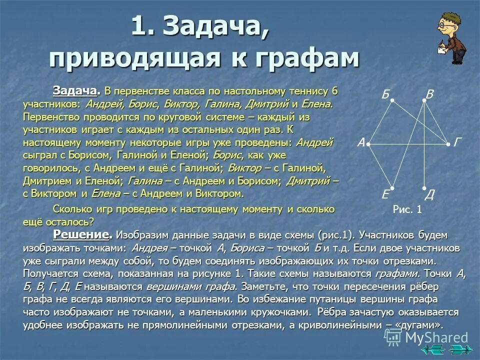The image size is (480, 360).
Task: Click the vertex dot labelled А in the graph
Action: pos(367,144)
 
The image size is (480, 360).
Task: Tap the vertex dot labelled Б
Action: pos(392,100)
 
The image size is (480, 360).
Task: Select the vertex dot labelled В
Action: pos(424,100)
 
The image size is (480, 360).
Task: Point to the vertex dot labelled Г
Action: pos(448,144)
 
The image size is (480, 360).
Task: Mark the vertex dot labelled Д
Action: pos(424,189)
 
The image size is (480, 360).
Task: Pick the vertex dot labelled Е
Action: pos(392,188)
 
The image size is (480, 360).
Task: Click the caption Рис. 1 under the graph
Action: pos(407,210)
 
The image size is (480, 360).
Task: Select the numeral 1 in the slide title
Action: pos(138,26)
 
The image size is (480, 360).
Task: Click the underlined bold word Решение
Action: pos(81,235)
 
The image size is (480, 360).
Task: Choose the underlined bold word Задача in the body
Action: pos(75,91)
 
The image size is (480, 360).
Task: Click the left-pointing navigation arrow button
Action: pos(433,351)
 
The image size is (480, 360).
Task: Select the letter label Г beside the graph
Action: pos(457,143)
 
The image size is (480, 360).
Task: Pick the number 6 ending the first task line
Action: pos(334,91)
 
